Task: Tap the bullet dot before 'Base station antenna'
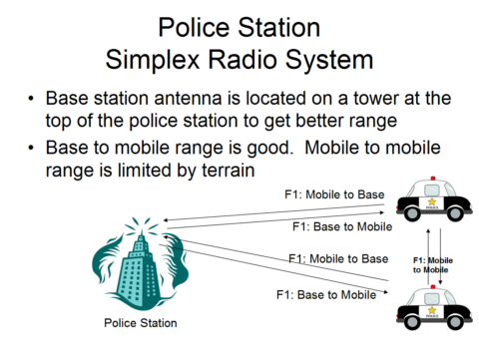34,100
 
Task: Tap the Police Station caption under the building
141,323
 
